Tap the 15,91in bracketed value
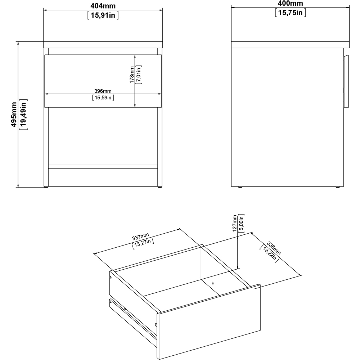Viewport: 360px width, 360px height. click(x=103, y=15)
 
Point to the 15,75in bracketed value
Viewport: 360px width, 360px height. click(x=290, y=13)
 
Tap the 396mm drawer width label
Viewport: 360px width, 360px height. click(x=103, y=91)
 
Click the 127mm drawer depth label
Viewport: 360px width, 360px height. click(x=235, y=223)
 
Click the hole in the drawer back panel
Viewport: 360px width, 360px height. click(x=213, y=283)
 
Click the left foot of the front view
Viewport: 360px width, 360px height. click(x=46, y=186)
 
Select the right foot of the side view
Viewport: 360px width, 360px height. click(x=338, y=187)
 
